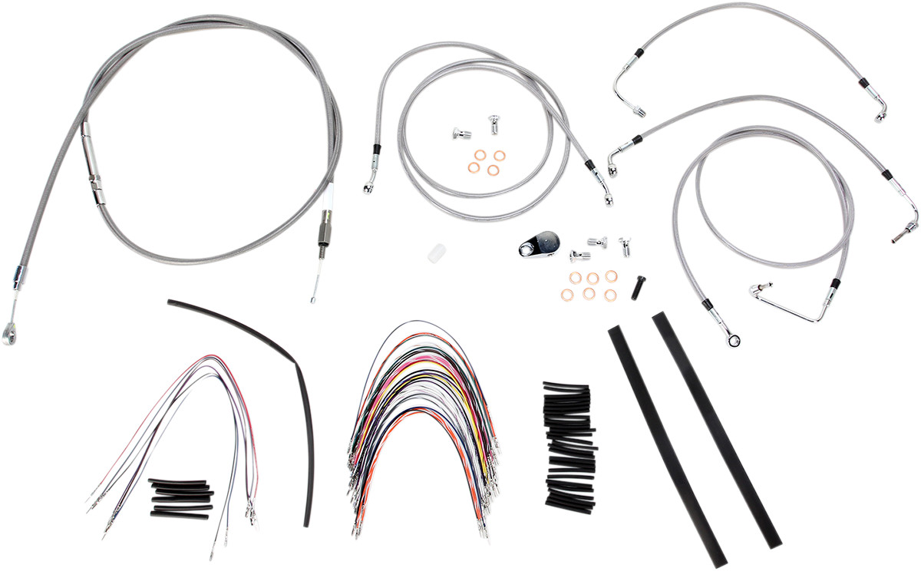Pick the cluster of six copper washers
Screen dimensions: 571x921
click(593, 284)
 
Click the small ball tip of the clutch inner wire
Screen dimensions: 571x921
click(312, 300)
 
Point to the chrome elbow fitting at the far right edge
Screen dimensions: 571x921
click(908, 226)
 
